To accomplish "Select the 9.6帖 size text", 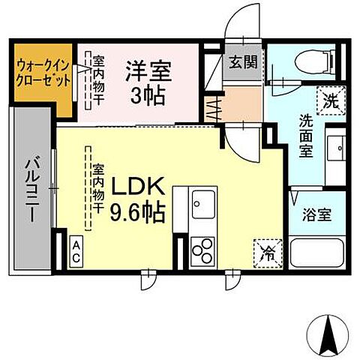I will pyautogui.click(x=138, y=212).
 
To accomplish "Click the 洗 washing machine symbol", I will pyautogui.click(x=330, y=98).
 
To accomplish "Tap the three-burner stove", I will pyautogui.click(x=203, y=249).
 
